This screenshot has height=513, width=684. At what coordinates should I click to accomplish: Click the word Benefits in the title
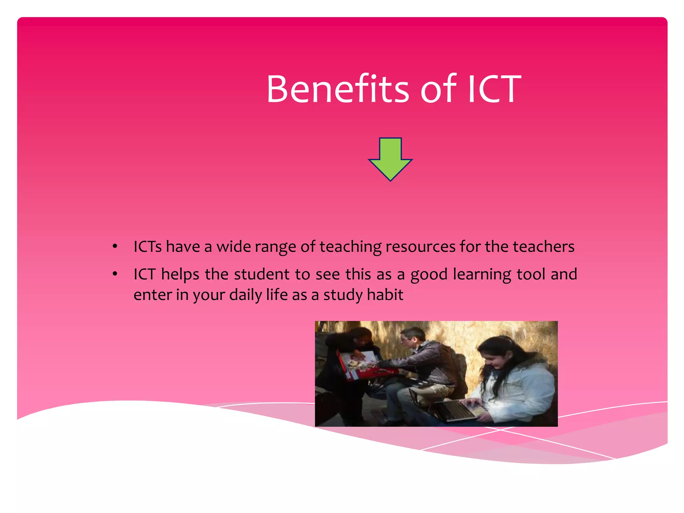pyautogui.click(x=337, y=89)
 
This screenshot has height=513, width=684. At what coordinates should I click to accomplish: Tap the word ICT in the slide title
pyautogui.click(x=494, y=89)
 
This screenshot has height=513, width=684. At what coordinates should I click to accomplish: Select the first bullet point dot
pyautogui.click(x=115, y=246)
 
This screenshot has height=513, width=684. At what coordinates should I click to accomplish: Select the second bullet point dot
pyautogui.click(x=115, y=274)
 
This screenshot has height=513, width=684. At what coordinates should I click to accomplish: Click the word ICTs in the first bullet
pyautogui.click(x=148, y=247)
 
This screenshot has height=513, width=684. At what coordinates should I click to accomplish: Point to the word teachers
pyautogui.click(x=543, y=247)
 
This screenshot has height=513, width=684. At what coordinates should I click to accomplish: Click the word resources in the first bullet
pyautogui.click(x=420, y=247)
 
